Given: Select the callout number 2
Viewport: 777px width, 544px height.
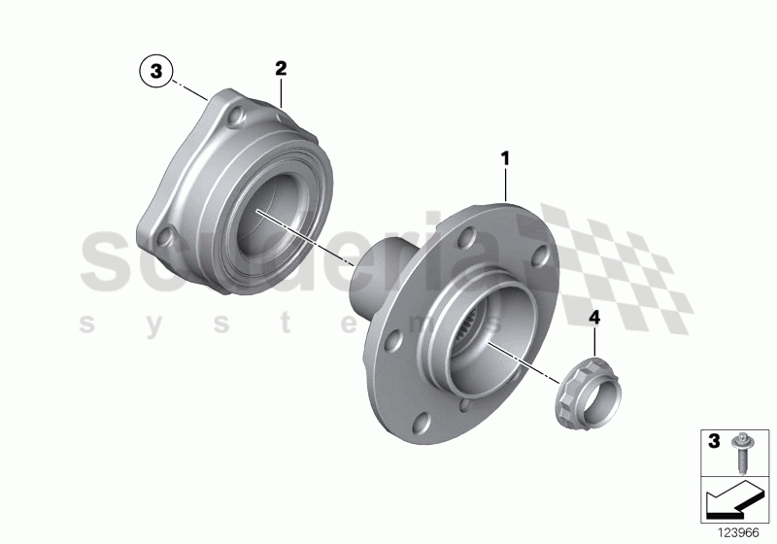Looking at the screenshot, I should tap(281, 68).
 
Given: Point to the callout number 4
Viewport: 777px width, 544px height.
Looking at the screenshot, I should tap(593, 316).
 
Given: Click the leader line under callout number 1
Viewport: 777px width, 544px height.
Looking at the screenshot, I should tap(505, 184).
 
